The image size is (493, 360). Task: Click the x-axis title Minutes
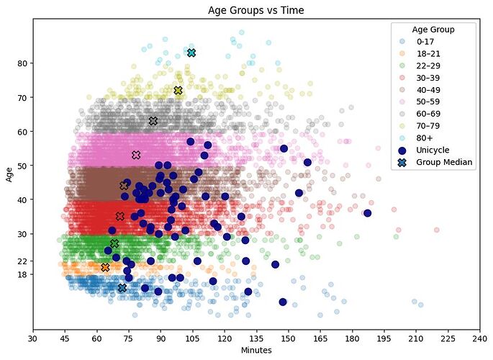[255, 351]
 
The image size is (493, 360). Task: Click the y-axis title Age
[9, 174]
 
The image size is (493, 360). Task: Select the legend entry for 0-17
[426, 42]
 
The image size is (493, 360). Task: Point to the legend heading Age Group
[433, 30]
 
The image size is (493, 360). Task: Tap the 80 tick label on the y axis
[22, 63]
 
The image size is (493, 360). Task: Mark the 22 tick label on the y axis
[22, 261]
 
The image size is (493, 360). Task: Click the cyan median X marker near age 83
[191, 53]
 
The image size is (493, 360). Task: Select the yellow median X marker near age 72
[178, 90]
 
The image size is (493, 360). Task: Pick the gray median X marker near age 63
[153, 121]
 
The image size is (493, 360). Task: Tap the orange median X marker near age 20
[105, 267]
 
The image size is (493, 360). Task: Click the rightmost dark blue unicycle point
[368, 213]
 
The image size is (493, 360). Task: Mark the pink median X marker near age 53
[136, 155]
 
